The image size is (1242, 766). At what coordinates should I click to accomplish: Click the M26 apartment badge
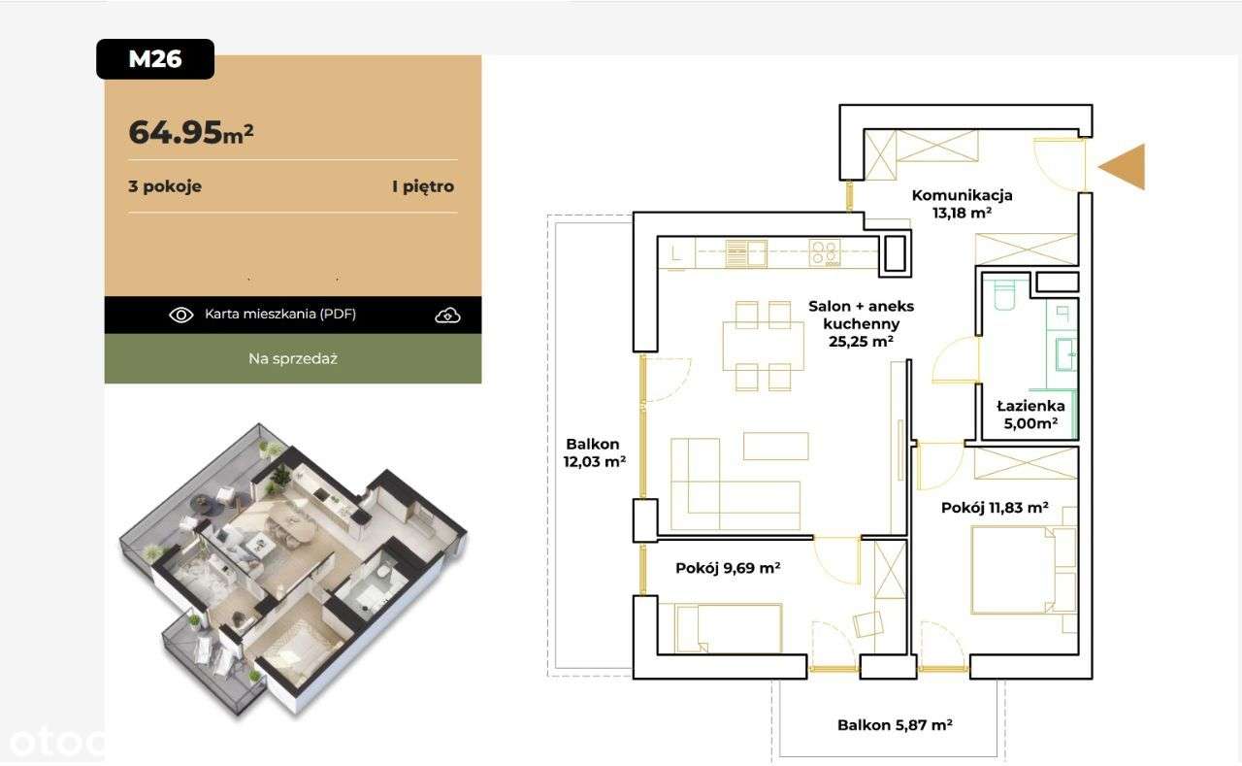pos(155,59)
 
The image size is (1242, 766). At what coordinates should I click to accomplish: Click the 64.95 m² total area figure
pos(191,133)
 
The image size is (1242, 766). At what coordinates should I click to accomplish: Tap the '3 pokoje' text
pos(165,186)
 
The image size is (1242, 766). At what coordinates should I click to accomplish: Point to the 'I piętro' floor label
pos(423,186)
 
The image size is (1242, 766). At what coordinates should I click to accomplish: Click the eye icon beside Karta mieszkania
pos(181,315)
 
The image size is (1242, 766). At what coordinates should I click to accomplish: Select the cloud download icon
pos(447,316)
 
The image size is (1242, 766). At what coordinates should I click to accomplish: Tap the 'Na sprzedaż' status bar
pos(293,358)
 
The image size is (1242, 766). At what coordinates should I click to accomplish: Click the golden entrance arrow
pos(1123,166)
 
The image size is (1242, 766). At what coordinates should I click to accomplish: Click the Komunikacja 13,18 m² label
pos(962,204)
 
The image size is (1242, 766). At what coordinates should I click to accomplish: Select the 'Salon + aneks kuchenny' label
pos(861,315)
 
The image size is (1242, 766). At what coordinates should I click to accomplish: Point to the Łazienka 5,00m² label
pos(1030,415)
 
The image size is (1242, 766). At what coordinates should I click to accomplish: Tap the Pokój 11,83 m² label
pos(995,508)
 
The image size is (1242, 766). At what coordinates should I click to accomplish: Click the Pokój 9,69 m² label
pos(728,568)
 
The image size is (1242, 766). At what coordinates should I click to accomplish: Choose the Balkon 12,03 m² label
pos(595,452)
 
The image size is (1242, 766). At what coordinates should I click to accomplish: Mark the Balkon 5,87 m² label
pos(895,725)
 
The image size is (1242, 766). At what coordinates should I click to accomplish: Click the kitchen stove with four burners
pos(825,253)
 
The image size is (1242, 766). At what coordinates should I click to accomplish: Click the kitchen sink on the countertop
pos(746,253)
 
